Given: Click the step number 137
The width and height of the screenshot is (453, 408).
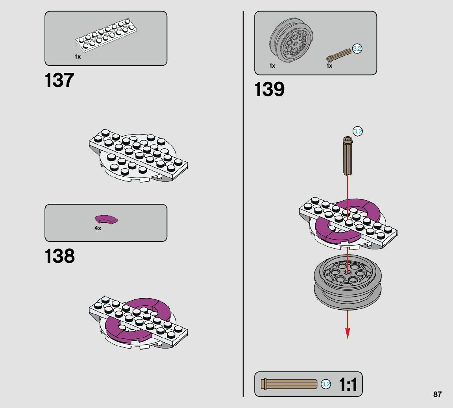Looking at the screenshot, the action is coord(59,80).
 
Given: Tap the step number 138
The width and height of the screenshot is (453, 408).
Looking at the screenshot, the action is coord(60,256).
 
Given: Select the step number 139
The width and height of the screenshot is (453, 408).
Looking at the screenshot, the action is coord(269,89).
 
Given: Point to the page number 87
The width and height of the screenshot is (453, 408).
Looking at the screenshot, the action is coord(437,394).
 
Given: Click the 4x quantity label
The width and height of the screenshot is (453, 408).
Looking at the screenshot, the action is coord(98,228).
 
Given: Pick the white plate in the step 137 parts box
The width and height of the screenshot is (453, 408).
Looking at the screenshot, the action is coord(105,37).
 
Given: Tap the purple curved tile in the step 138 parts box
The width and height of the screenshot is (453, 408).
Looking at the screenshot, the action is coord(106,219).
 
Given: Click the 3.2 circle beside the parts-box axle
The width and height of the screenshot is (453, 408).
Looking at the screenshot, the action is coord(357,49).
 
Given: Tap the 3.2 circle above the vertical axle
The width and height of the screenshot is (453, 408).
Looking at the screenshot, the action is coord(357,131).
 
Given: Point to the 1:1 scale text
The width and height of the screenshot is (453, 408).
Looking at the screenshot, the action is coord(348,384).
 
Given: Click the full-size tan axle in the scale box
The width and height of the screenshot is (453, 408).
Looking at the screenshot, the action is coord(290,384).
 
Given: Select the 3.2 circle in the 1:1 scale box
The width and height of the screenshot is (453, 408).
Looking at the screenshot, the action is coord(326,384).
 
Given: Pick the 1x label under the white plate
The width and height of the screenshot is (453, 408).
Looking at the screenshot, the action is coord(78,57).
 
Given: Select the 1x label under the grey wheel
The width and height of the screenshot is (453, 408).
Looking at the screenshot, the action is coord(272,66).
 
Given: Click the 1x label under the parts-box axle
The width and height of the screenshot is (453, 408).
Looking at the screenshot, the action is coord(329,66).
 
